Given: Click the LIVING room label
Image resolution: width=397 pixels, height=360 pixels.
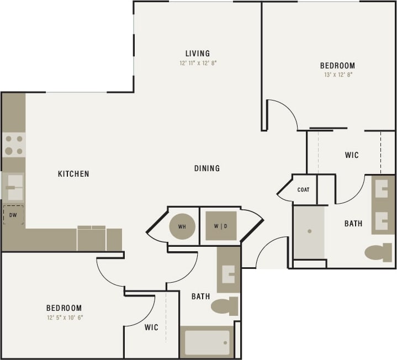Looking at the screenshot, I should (x=198, y=54).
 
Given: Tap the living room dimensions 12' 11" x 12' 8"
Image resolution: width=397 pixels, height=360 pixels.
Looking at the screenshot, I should (x=198, y=63).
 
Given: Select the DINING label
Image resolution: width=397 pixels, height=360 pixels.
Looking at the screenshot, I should (x=207, y=168).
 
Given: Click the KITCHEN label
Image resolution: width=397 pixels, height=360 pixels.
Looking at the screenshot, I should (x=73, y=174).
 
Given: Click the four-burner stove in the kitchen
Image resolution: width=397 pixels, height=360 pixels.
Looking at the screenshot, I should (x=14, y=145).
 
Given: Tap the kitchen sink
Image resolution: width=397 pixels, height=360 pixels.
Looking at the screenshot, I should (x=14, y=187).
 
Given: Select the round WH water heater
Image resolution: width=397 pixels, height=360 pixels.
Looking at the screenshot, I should (x=182, y=226).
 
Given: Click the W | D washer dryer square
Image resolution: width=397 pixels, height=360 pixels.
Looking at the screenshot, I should (x=221, y=226).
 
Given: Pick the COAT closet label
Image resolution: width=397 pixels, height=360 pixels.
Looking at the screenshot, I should (x=303, y=189).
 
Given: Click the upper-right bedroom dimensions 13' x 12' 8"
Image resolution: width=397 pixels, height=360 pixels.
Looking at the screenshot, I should (x=337, y=74).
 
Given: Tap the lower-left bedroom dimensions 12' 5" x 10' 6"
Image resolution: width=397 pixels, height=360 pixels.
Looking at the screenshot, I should (x=64, y=317).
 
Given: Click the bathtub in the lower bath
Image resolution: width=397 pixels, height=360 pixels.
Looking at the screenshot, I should (x=207, y=342).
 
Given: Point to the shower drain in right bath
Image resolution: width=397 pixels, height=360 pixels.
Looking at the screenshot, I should (x=309, y=232).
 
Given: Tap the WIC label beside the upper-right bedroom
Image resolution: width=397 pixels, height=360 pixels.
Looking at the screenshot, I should (x=352, y=155).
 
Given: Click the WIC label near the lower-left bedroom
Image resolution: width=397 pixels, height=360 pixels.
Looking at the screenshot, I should (x=151, y=327).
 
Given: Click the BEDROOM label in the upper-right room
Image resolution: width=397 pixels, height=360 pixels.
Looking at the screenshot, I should (x=337, y=65).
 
